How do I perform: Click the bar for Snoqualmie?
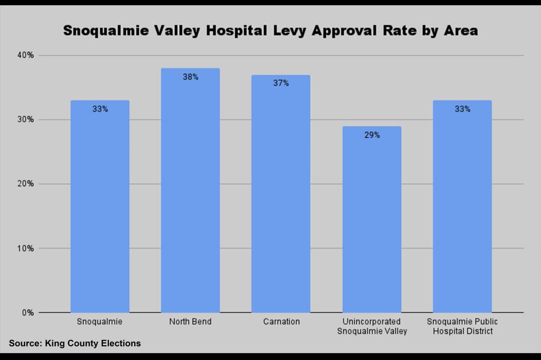coord(100,211)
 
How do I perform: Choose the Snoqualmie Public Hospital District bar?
coord(462,211)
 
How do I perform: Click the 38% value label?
coord(190,77)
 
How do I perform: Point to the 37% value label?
coord(281,83)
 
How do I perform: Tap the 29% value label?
coord(371,135)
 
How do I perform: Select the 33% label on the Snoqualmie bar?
coord(100,109)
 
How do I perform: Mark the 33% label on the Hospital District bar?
coord(462,109)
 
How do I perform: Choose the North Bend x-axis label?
coord(190,322)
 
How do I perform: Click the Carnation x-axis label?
coord(281,322)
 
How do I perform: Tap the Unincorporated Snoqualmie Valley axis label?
coord(371,326)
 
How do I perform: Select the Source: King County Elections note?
coord(75,344)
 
